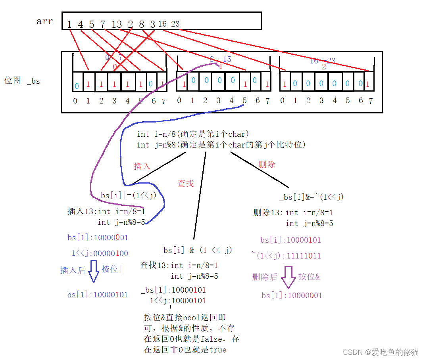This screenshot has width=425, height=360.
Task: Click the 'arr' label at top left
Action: (x=44, y=21)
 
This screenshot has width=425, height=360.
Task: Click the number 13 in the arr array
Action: (x=117, y=25)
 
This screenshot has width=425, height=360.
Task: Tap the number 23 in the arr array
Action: (x=175, y=24)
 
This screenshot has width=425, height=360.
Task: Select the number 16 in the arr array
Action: (x=162, y=24)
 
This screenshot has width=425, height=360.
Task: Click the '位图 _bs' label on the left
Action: (x=22, y=81)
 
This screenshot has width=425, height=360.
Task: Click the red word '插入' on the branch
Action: (x=142, y=166)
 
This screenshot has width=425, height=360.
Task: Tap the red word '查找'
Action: (x=185, y=183)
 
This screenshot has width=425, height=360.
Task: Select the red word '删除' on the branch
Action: (x=267, y=164)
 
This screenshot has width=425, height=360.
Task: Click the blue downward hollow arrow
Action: (x=93, y=271)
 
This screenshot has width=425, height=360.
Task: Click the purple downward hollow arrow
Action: (x=288, y=276)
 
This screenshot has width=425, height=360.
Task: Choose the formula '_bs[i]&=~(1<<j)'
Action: (x=312, y=197)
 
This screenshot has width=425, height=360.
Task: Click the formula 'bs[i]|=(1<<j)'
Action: (x=129, y=195)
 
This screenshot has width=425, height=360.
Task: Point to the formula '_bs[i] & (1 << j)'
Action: (x=196, y=250)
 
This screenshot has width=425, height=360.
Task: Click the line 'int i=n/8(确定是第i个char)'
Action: (x=193, y=134)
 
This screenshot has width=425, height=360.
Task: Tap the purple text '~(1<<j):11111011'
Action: (x=286, y=256)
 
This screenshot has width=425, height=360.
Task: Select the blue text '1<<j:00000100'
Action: (x=100, y=253)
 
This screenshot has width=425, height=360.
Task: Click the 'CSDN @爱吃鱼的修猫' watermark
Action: (x=381, y=352)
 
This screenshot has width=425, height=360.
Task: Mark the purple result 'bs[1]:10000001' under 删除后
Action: (x=292, y=295)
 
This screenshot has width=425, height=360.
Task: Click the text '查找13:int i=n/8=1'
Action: (x=179, y=265)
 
